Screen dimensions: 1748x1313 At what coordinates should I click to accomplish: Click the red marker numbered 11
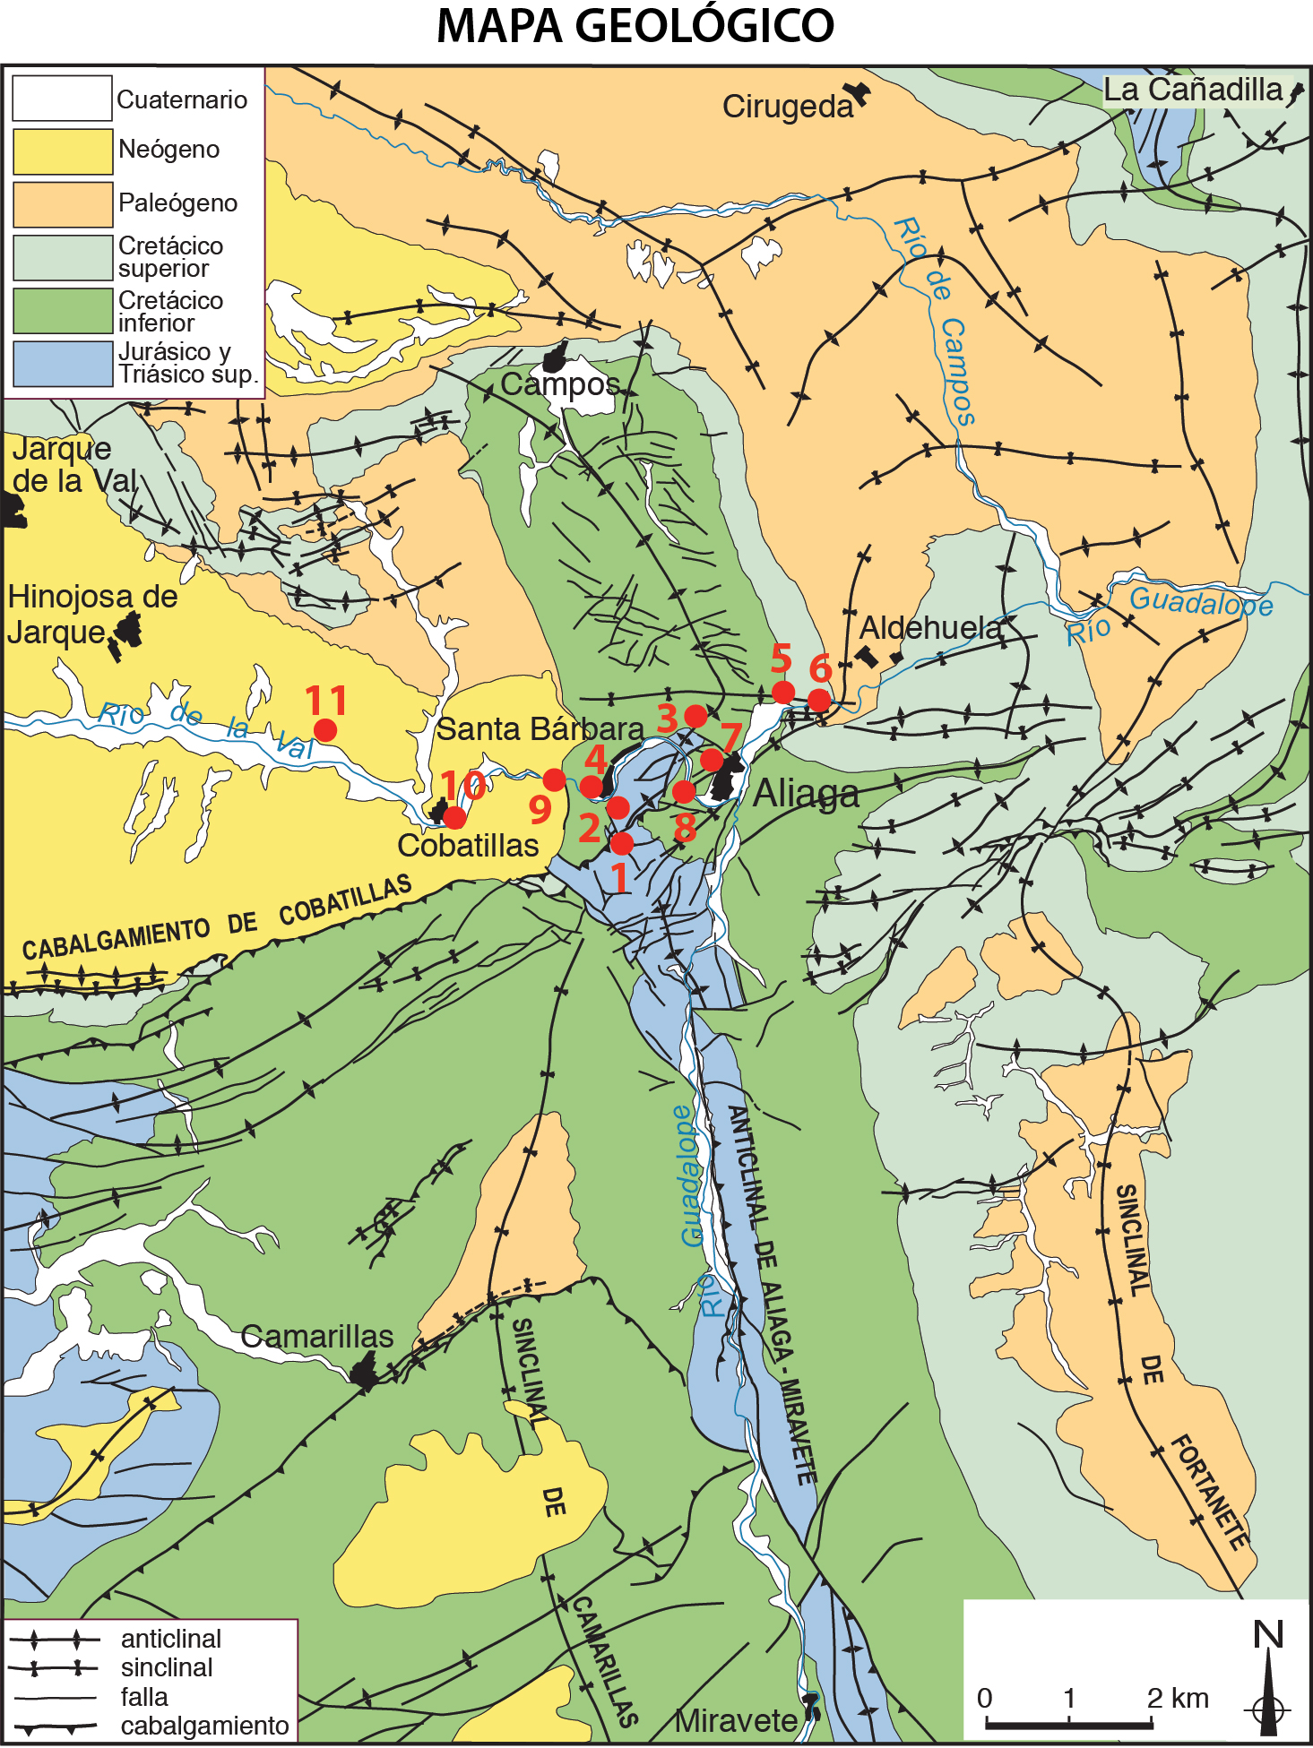click(x=325, y=730)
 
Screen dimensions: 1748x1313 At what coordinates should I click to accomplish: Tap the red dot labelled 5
click(x=783, y=692)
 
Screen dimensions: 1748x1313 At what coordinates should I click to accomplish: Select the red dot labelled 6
click(x=819, y=700)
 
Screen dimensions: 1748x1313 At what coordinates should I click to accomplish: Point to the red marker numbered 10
click(x=454, y=817)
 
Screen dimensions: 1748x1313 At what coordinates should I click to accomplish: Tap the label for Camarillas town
click(x=317, y=1337)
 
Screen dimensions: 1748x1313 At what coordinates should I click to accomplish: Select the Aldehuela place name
click(x=930, y=628)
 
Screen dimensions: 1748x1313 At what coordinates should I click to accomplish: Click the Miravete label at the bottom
click(x=736, y=1720)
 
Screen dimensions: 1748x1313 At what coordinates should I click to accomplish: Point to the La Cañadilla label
click(x=1192, y=90)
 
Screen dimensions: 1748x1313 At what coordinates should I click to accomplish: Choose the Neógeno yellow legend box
click(x=62, y=151)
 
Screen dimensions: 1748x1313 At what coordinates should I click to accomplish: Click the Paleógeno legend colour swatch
click(x=62, y=204)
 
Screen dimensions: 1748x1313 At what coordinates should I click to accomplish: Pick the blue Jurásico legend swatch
click(x=62, y=364)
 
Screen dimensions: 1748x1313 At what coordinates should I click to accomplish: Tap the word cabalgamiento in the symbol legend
click(x=204, y=1726)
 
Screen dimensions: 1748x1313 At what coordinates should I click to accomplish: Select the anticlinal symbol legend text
click(x=170, y=1639)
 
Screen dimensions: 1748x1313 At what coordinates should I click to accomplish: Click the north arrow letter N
click(x=1268, y=1635)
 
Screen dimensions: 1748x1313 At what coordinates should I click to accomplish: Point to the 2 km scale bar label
click(x=1178, y=1698)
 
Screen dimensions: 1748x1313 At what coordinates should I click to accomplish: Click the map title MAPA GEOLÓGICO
click(x=635, y=25)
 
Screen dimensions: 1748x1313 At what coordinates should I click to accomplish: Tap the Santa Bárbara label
click(x=540, y=729)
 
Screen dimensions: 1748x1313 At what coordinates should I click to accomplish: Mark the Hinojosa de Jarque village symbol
click(x=126, y=632)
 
